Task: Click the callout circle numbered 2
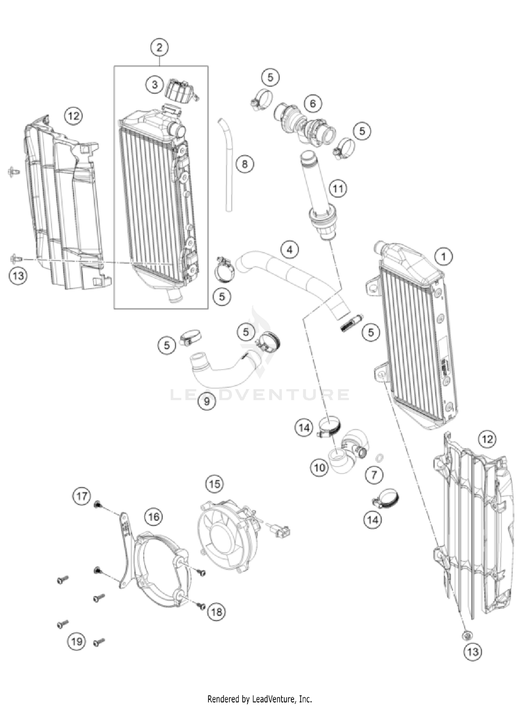pyautogui.click(x=159, y=47)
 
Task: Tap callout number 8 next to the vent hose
pyautogui.click(x=245, y=163)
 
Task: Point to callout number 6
pyautogui.click(x=313, y=103)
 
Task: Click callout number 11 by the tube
pyautogui.click(x=338, y=188)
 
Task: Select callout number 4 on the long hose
pyautogui.click(x=290, y=250)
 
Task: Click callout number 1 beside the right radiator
pyautogui.click(x=443, y=257)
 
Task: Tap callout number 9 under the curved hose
pyautogui.click(x=207, y=401)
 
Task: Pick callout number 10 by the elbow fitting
pyautogui.click(x=319, y=468)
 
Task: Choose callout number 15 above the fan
pyautogui.click(x=215, y=484)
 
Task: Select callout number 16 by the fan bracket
pyautogui.click(x=154, y=517)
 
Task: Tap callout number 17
pyautogui.click(x=82, y=496)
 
